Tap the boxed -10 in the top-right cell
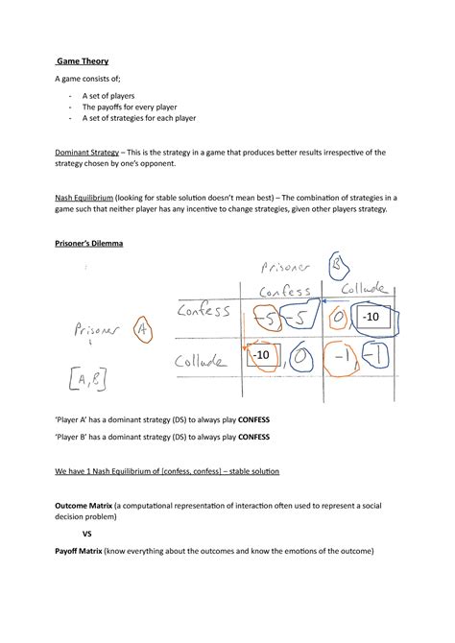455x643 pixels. (x=373, y=317)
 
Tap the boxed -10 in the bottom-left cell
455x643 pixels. (x=262, y=356)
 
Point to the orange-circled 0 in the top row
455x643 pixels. (x=337, y=317)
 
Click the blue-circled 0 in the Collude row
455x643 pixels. (x=299, y=358)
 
